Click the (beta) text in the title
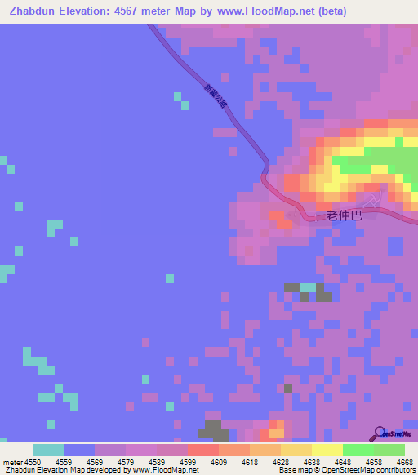tap(331, 11)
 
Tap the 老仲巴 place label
tap(343, 215)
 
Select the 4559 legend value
tap(64, 462)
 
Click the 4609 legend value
tap(219, 462)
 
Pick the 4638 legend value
tap(312, 462)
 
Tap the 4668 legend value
tap(405, 462)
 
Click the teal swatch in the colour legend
tap(48, 450)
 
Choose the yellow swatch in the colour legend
tap(327, 450)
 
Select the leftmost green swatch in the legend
tap(358, 450)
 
